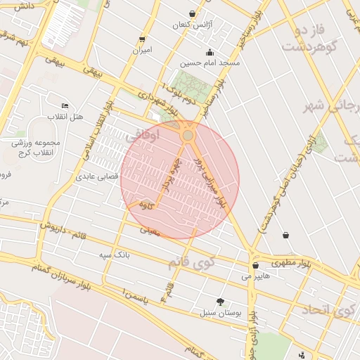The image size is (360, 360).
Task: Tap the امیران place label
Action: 142,51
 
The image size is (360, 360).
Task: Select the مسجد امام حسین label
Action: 210,63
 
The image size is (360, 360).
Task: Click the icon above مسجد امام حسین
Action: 210,52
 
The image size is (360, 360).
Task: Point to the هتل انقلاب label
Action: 65,115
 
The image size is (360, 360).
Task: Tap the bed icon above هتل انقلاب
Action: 65,105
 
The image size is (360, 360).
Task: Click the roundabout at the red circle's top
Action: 188,134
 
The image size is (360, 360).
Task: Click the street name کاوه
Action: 147,205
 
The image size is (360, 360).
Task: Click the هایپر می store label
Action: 255,276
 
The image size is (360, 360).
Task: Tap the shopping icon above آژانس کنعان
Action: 193,14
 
